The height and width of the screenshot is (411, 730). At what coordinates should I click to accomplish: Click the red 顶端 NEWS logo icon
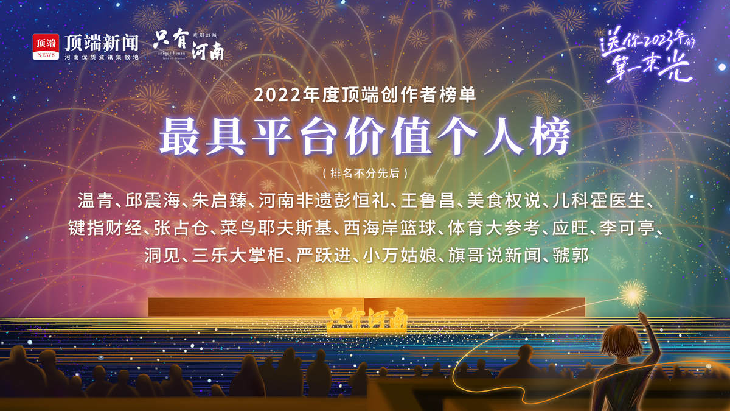46,47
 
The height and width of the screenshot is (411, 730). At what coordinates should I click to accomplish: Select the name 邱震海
153,200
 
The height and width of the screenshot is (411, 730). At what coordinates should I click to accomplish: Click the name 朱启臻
220,200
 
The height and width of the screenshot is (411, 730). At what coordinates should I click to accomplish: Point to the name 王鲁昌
428,200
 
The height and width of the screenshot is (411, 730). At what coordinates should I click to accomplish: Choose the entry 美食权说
504,200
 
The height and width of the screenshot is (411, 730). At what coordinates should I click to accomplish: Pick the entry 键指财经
105,228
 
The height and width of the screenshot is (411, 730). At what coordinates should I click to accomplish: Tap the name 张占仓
181,228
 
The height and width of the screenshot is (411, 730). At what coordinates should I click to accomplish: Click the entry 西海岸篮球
390,228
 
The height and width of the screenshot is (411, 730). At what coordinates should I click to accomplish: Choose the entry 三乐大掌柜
238,255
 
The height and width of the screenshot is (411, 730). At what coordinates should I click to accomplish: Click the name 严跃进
324,255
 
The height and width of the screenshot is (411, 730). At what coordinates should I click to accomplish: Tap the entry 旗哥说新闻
495,255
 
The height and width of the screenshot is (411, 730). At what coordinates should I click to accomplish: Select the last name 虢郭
571,255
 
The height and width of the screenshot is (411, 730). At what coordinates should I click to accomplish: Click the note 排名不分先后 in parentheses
365,173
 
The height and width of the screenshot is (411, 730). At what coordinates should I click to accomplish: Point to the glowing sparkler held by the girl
633,295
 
